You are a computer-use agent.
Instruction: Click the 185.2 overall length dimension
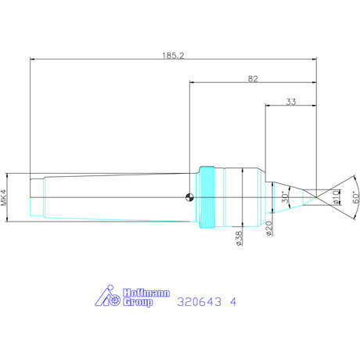coord(174,56)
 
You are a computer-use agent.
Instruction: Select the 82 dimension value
coord(253,78)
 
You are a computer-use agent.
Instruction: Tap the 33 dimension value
coord(290,101)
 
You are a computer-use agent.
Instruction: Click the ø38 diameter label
coord(238,238)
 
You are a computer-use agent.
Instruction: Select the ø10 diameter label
coord(337,197)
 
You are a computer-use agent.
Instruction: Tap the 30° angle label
coord(285,199)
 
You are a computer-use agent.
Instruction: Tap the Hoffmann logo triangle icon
coord(106,296)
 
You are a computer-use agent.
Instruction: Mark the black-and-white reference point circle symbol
coord(189,197)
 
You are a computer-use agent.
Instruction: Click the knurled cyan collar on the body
coord(207,197)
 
